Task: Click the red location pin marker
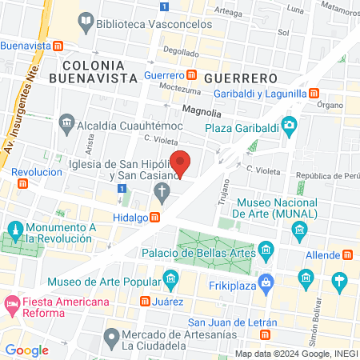coord(182,163)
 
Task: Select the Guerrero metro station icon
coord(192,75)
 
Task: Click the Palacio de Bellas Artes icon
coord(266,253)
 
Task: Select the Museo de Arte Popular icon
coord(170,280)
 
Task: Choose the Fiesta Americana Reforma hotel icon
coord(12,304)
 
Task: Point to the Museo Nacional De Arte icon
coord(299,231)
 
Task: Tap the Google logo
coord(26,350)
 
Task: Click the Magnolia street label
coord(202,112)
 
